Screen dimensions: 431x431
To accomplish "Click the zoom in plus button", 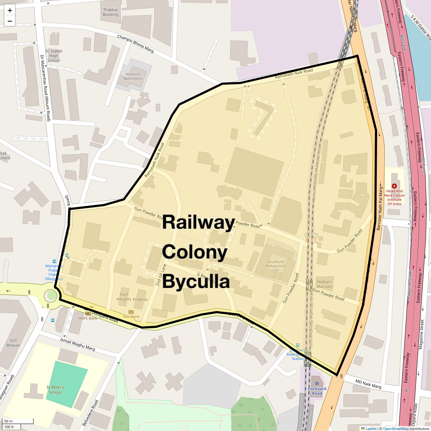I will pos(10,10).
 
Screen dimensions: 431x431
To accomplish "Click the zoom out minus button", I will pos(10,21).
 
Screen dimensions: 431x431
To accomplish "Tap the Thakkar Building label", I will pos(110,12).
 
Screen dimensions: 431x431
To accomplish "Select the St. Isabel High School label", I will pos(54,56).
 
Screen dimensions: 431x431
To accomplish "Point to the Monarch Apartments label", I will pos(133,76).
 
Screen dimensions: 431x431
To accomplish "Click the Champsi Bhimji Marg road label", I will pos(135,43).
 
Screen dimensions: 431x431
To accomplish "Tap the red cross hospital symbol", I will pos(394,186).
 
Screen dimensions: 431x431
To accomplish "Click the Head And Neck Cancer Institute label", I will pos(394,198).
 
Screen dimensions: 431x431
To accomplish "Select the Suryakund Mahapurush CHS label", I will pos(275,266).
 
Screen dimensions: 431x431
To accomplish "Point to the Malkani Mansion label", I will pos(324,284).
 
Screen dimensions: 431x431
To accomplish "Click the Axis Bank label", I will pos(131,316).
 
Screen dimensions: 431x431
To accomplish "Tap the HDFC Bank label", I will pos(88,318).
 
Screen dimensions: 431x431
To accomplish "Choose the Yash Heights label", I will pos(124,297).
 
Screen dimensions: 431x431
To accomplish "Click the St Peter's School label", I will pos(55,390).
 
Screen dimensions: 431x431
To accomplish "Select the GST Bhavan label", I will pos(13,343).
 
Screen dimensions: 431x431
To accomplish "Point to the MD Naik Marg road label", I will pos(368,384).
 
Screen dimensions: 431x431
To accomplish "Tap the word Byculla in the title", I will pos(196,281).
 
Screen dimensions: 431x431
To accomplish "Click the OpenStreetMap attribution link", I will pos(395,428).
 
